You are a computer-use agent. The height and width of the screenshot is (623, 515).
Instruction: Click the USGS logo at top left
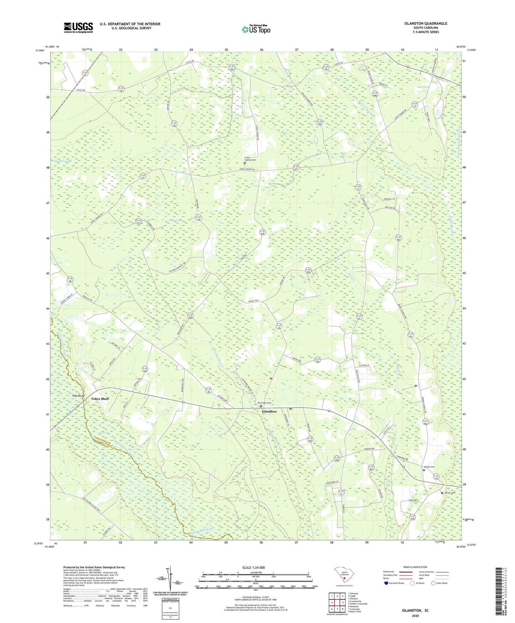pos(78,27)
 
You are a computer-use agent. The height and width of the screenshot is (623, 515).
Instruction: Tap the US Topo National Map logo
pos(256,29)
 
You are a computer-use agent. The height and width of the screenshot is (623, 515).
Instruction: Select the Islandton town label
pos(269,411)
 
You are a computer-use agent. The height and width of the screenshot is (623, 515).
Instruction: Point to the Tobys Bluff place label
pos(100,399)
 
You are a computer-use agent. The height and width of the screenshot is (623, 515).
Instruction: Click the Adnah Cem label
pos(429,467)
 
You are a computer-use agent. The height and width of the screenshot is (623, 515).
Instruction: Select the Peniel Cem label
pos(450,493)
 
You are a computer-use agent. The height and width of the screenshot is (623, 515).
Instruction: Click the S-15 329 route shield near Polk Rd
pos(262,232)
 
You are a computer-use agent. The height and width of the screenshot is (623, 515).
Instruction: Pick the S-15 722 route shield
pos(318,360)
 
